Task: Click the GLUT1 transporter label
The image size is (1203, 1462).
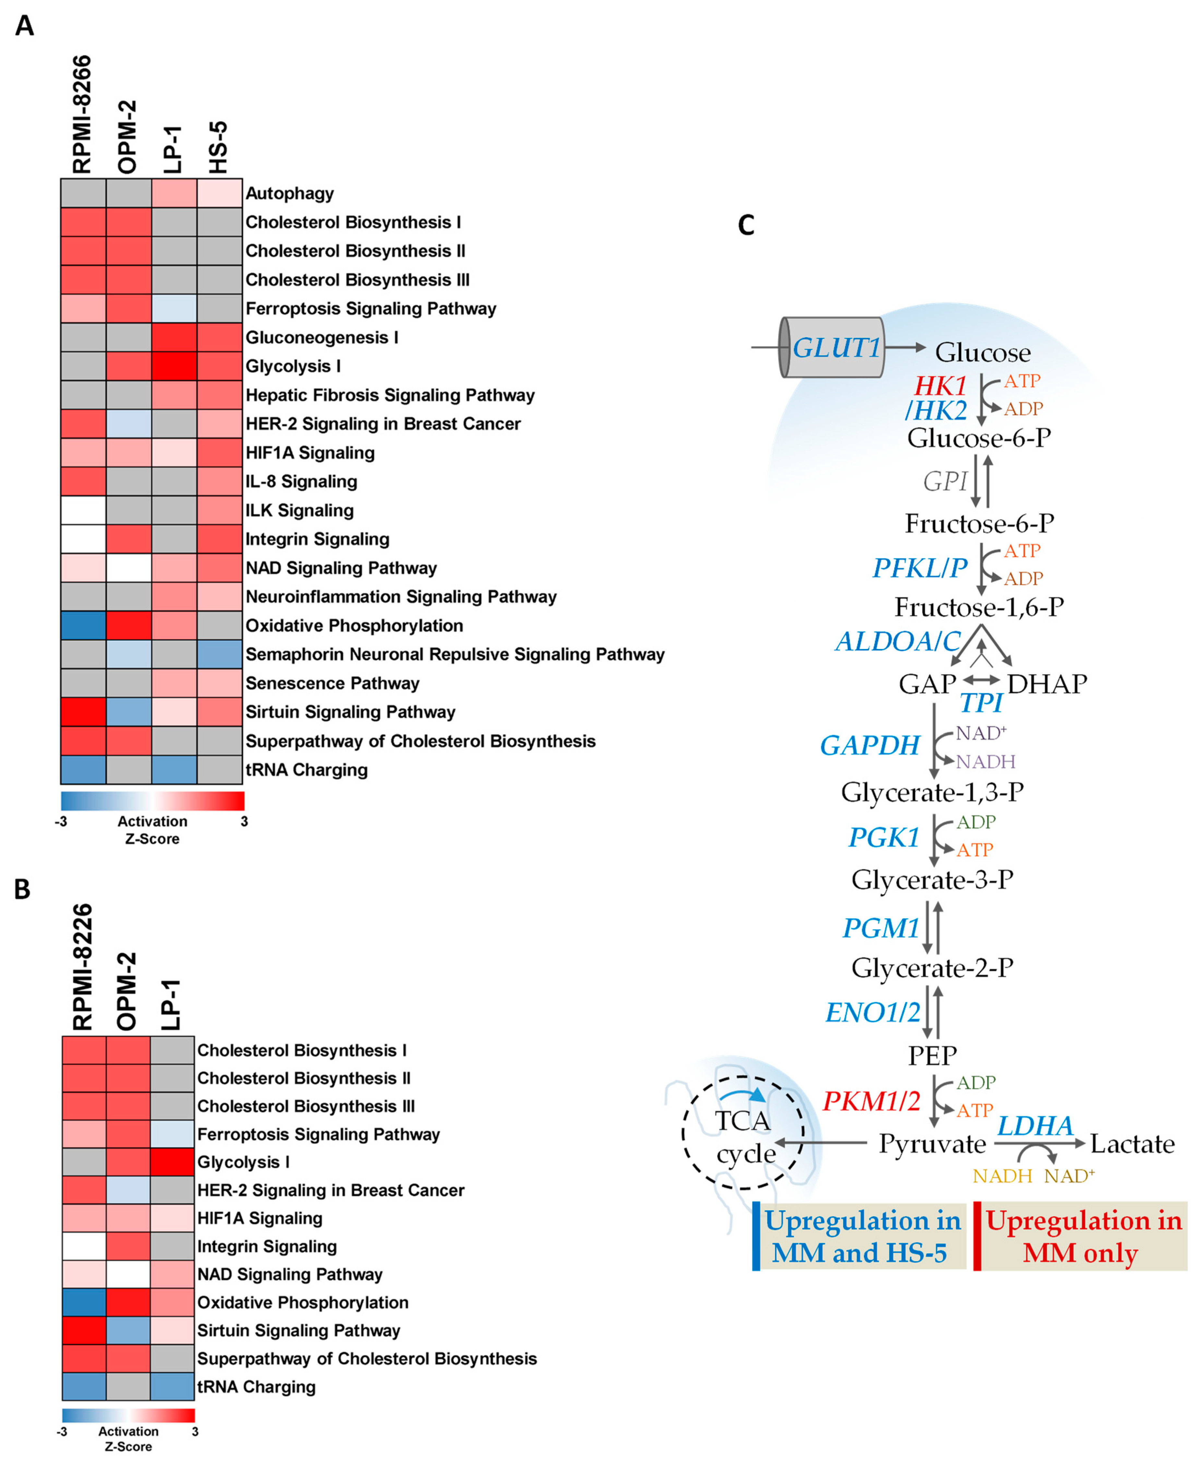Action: pyautogui.click(x=836, y=347)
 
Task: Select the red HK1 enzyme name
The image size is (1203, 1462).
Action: pyautogui.click(x=940, y=385)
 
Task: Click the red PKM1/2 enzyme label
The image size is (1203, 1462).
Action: pyautogui.click(x=871, y=1101)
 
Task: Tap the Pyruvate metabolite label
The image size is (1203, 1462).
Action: pyautogui.click(x=932, y=1144)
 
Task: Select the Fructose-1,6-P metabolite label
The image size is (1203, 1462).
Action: pyautogui.click(x=979, y=607)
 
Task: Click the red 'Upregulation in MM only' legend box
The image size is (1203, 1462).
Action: pyautogui.click(x=1081, y=1236)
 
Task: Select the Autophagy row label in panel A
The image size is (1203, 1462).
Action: pyautogui.click(x=290, y=193)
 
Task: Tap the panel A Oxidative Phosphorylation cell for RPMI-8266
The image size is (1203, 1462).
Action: pyautogui.click(x=83, y=625)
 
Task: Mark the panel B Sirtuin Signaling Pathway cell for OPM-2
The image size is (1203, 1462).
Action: pyautogui.click(x=128, y=1330)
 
